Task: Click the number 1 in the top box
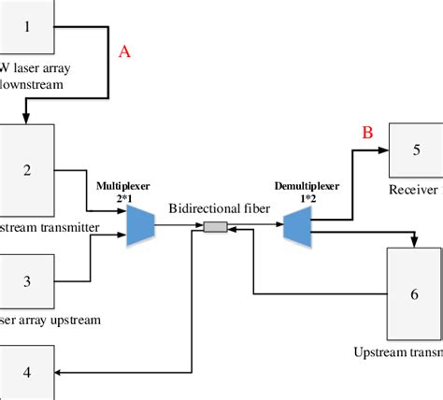coord(27,25)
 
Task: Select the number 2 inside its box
coord(27,169)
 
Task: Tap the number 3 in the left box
coord(27,280)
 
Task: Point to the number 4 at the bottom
coord(27,372)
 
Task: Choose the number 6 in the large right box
coord(415,293)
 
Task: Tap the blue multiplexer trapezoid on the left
coord(141,225)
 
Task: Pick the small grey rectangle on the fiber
coord(216,226)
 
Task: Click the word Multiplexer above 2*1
coord(122,186)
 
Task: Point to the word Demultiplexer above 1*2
coord(304,187)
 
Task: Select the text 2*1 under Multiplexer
coord(122,198)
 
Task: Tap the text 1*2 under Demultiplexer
coord(304,199)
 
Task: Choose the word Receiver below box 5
coord(413,190)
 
